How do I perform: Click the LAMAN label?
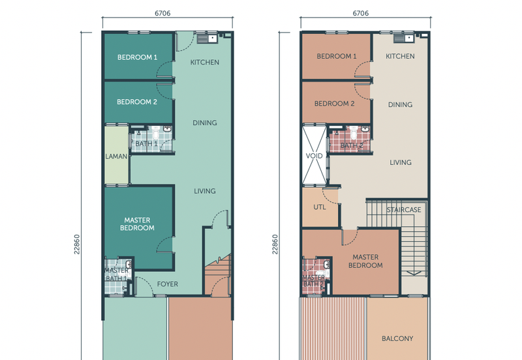(116, 157)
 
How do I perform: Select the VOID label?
(315, 156)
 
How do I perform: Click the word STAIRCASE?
(404, 210)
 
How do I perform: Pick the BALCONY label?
(397, 338)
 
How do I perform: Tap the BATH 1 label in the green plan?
(146, 143)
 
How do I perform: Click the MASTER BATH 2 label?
(314, 280)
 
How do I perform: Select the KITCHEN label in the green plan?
(204, 63)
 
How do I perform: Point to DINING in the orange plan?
(400, 104)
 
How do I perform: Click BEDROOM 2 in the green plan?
(137, 102)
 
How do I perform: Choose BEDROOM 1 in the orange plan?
(336, 56)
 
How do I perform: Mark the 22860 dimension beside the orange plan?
(275, 250)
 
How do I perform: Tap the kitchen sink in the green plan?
(208, 38)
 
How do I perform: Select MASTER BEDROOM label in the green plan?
(137, 224)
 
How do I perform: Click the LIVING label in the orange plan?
(400, 162)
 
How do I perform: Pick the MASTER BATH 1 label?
(116, 275)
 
